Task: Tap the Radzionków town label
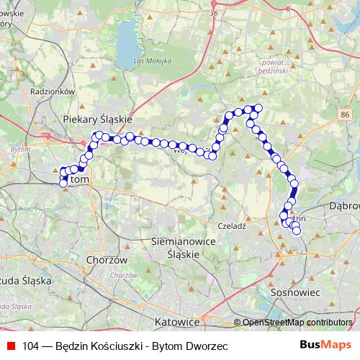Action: tap(53, 91)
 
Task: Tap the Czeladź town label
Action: tap(233, 225)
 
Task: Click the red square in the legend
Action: tap(11, 346)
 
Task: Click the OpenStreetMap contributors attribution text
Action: tap(297, 323)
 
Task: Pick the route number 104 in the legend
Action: tap(31, 346)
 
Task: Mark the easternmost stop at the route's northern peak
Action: tap(258, 109)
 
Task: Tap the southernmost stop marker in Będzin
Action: tap(296, 231)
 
